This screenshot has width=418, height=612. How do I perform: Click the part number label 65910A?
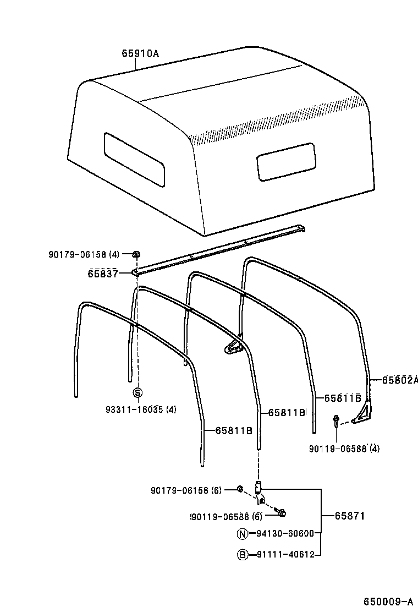140,53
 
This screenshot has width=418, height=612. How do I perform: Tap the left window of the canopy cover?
134,159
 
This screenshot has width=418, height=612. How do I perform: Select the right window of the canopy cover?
286,161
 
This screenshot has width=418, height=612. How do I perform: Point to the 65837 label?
102,273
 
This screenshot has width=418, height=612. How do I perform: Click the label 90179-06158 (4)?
84,254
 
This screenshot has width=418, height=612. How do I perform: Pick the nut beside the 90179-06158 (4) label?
136,254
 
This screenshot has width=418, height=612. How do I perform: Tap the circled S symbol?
138,392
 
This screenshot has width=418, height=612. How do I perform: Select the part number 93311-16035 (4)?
141,409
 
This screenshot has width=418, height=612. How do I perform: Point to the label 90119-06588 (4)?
344,449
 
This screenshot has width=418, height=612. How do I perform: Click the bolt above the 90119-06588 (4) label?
335,422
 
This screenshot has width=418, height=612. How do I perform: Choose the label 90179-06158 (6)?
186,490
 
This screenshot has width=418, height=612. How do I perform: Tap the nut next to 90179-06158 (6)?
240,489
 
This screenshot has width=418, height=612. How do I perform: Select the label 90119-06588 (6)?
226,516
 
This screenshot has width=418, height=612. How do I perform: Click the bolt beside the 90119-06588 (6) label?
279,513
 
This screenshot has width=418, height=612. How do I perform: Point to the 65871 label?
350,516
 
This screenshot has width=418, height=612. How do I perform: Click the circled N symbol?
242,533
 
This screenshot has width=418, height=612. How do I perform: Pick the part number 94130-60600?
284,533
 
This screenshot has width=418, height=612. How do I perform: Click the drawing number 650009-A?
387,600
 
